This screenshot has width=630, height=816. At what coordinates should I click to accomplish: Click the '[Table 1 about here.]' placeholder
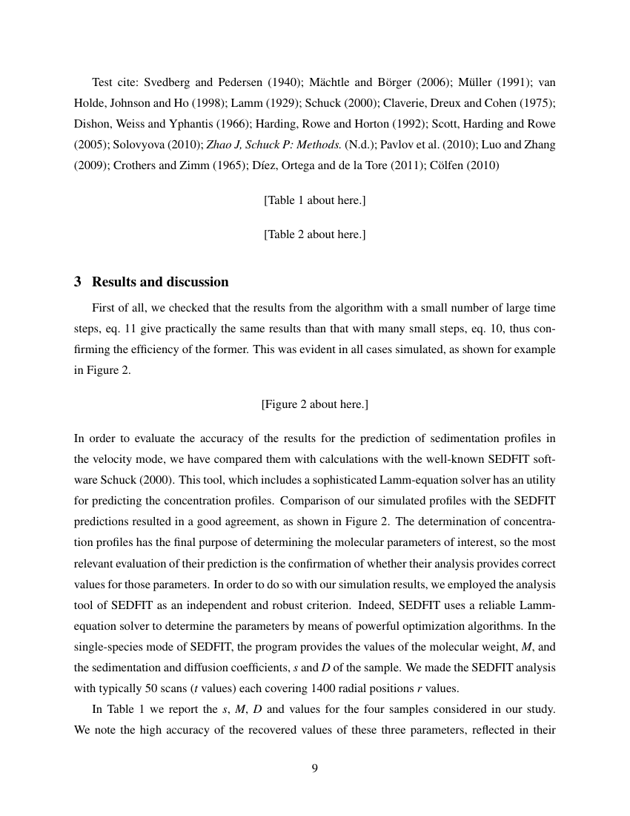[x=314, y=200]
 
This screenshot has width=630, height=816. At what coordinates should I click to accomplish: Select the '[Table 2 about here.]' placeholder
[x=314, y=234]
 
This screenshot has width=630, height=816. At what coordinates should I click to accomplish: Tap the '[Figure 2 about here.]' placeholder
[x=314, y=404]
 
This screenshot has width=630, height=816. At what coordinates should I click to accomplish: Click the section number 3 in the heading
[x=78, y=282]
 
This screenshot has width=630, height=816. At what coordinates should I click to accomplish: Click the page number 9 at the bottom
[x=314, y=768]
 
